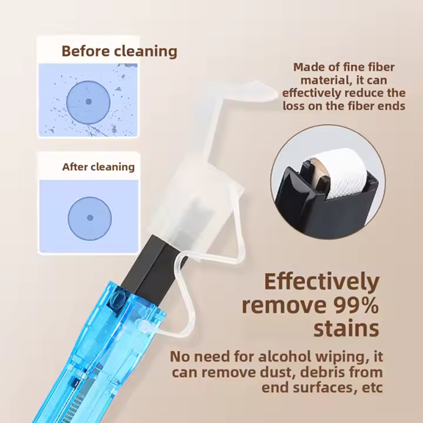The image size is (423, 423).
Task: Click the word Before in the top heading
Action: [x=85, y=51]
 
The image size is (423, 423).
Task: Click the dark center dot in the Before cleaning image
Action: [x=89, y=101]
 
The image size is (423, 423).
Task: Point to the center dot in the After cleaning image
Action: [x=90, y=217]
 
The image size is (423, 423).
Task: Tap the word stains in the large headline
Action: [x=346, y=328]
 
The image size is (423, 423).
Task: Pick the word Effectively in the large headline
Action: [x=322, y=282]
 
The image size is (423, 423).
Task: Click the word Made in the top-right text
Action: [x=307, y=67]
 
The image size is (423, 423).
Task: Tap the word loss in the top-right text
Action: [x=294, y=106]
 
